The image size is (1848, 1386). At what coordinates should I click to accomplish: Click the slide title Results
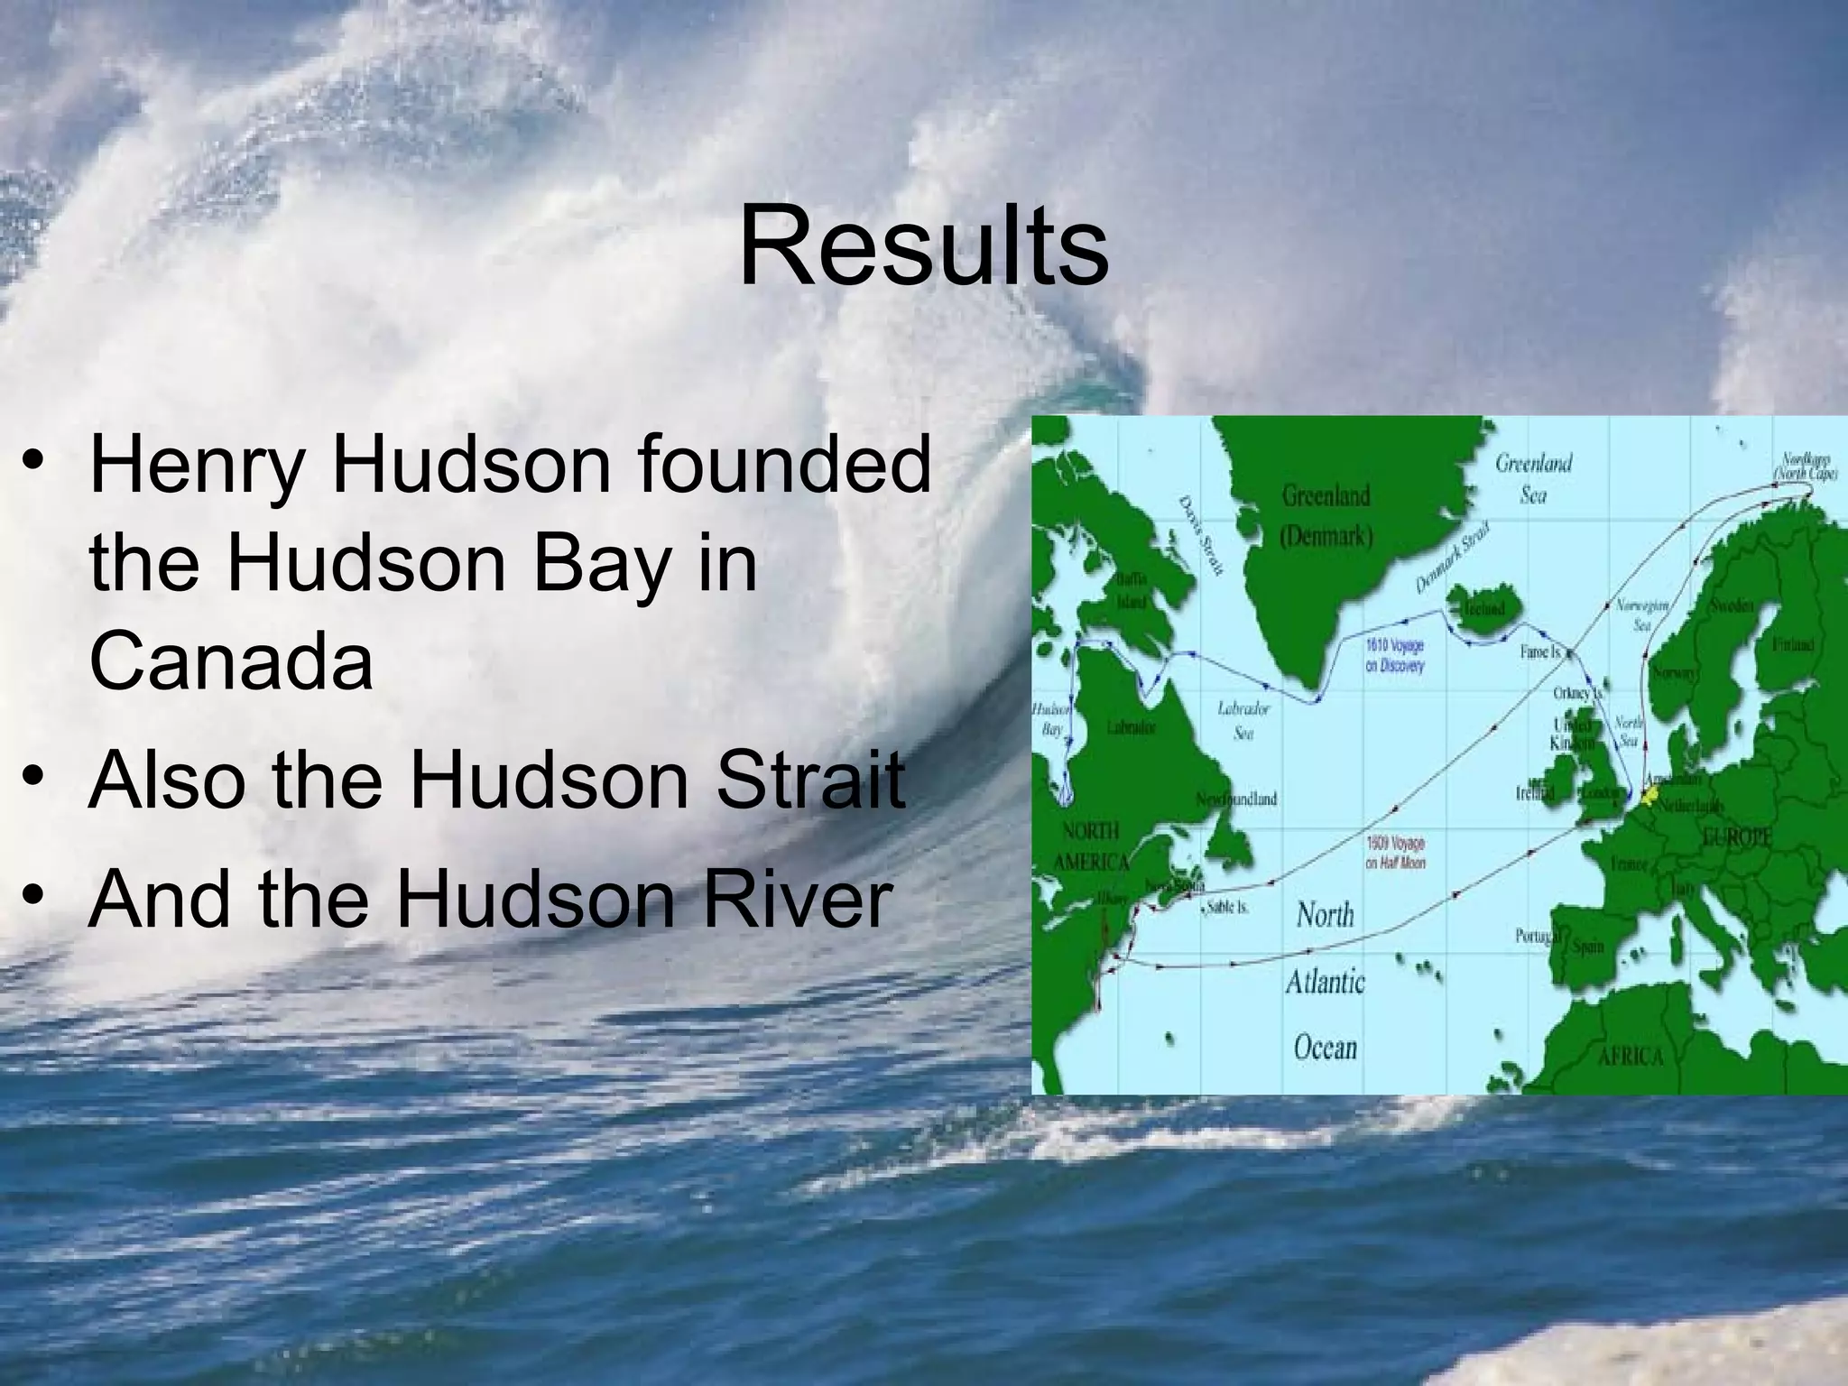click(923, 246)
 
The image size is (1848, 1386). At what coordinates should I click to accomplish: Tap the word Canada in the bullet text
click(231, 661)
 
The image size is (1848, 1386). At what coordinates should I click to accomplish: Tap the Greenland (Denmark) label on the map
click(1326, 515)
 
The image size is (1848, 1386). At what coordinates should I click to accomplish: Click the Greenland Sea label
click(1533, 478)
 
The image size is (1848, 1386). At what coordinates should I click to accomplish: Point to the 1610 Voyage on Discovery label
click(1395, 656)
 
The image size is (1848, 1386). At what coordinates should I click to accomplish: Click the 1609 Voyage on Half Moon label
click(1395, 853)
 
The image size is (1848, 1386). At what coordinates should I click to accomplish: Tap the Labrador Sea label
click(1243, 719)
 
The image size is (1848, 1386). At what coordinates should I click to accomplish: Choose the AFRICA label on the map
click(1630, 1057)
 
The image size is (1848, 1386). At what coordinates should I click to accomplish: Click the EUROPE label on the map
click(1737, 836)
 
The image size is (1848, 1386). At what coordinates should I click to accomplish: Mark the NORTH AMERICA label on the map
click(1091, 845)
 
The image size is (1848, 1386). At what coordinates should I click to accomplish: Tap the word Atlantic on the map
click(1325, 982)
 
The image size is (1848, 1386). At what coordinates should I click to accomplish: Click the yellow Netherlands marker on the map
click(1650, 794)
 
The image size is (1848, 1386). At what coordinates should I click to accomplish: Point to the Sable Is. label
click(1226, 906)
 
